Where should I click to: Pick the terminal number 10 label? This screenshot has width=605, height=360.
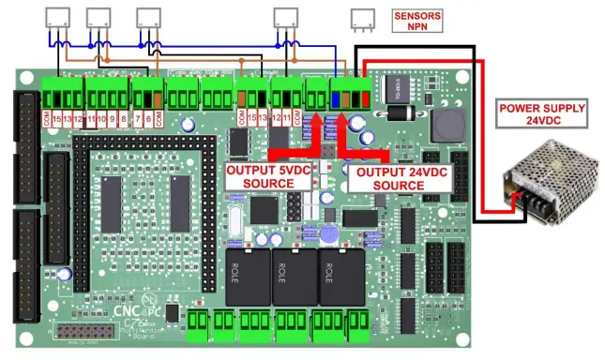click(102, 120)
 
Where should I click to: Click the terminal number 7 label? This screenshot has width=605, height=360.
click(138, 120)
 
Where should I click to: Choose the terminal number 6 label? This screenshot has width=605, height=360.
click(148, 120)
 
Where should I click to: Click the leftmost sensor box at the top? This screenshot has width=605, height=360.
click(58, 16)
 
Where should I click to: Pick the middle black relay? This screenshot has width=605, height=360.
click(294, 277)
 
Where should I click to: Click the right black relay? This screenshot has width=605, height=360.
click(340, 277)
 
